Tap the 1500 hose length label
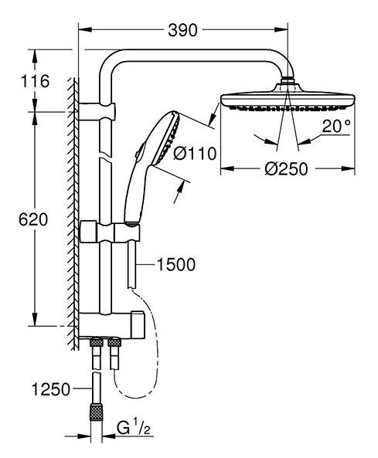(x=175, y=265)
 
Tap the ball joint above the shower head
(x=287, y=80)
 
